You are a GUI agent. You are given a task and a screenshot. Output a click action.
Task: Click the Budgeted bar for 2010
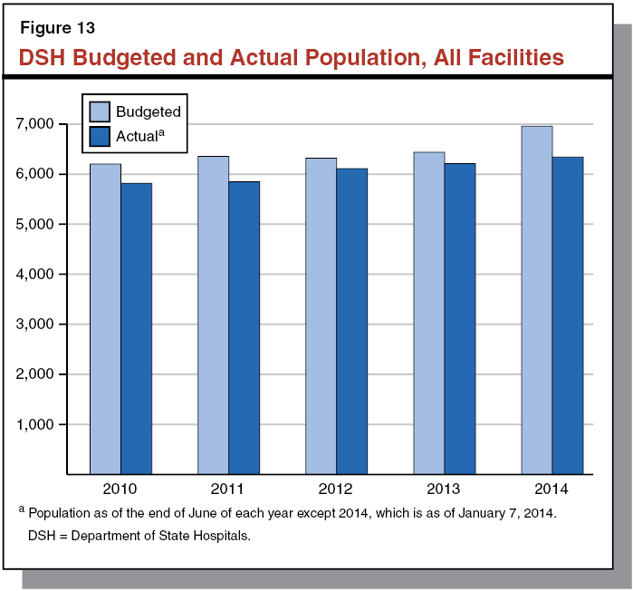pyautogui.click(x=105, y=318)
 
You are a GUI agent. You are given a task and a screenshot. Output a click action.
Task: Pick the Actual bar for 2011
pyautogui.click(x=244, y=327)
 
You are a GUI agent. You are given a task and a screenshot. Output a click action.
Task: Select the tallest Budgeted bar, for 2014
pyautogui.click(x=536, y=299)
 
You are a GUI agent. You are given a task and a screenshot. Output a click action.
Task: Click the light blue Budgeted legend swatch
pyautogui.click(x=100, y=111)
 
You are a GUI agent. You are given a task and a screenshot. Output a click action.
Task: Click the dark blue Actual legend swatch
pyautogui.click(x=100, y=137)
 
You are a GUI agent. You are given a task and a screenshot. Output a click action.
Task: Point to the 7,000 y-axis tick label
pyautogui.click(x=36, y=123)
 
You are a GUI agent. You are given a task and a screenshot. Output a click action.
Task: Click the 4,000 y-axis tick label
pyautogui.click(x=36, y=274)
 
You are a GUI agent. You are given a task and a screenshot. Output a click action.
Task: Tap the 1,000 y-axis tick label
pyautogui.click(x=36, y=424)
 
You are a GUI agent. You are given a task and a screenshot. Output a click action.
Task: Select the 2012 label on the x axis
pyautogui.click(x=336, y=489)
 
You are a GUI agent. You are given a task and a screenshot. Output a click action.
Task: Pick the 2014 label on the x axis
pyautogui.click(x=551, y=489)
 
